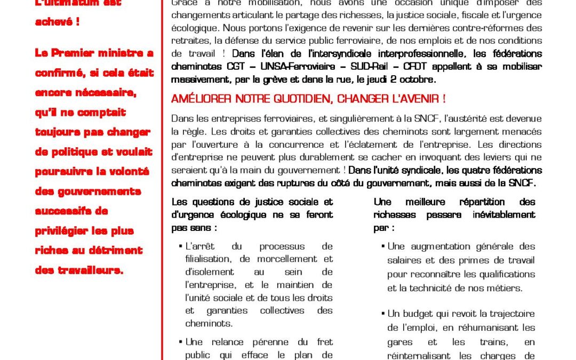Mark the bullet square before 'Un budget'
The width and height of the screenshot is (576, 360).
383,314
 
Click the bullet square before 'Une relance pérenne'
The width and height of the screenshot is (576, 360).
181,342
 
